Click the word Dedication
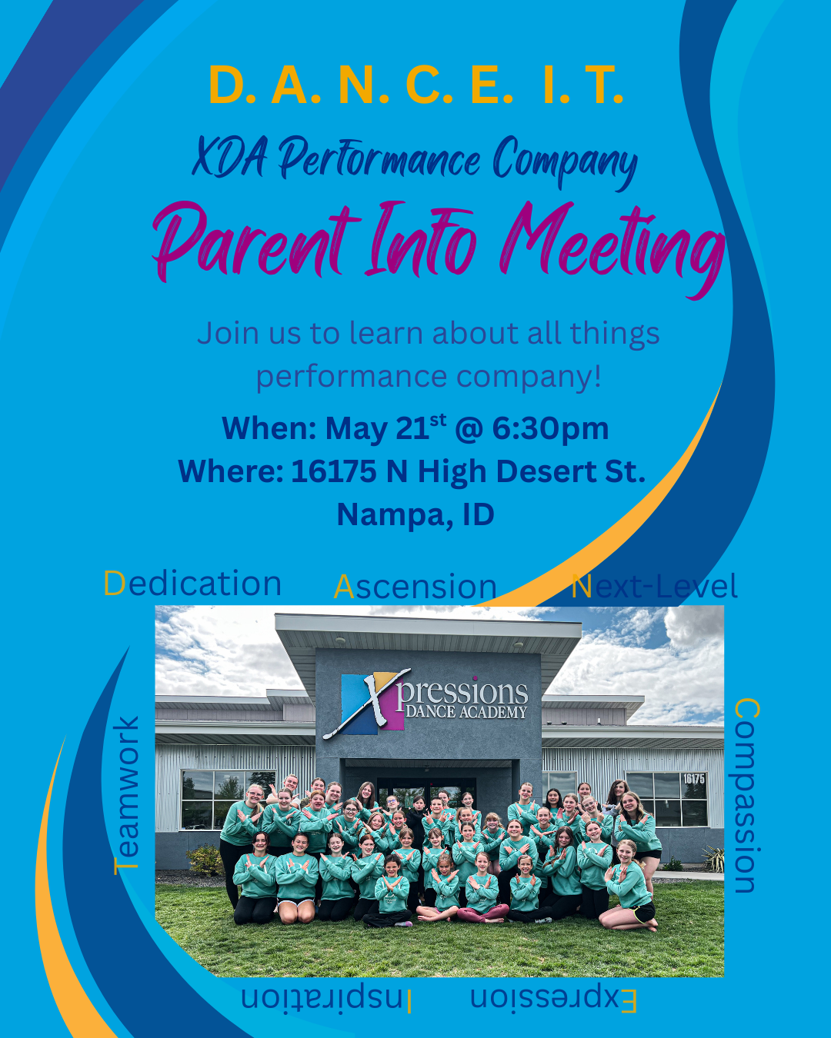tap(192, 583)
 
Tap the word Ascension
tap(415, 587)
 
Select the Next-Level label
tap(655, 586)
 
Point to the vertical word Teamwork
tap(126, 795)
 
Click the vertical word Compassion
tap(746, 795)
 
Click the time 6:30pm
tap(550, 428)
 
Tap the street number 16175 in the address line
tap(334, 471)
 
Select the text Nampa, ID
tap(415, 514)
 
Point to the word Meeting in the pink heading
tap(611, 246)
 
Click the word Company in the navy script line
tap(565, 161)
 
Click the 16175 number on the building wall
tap(694, 778)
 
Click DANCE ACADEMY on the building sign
tap(466, 712)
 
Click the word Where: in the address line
tap(231, 471)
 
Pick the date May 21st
tap(385, 428)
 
